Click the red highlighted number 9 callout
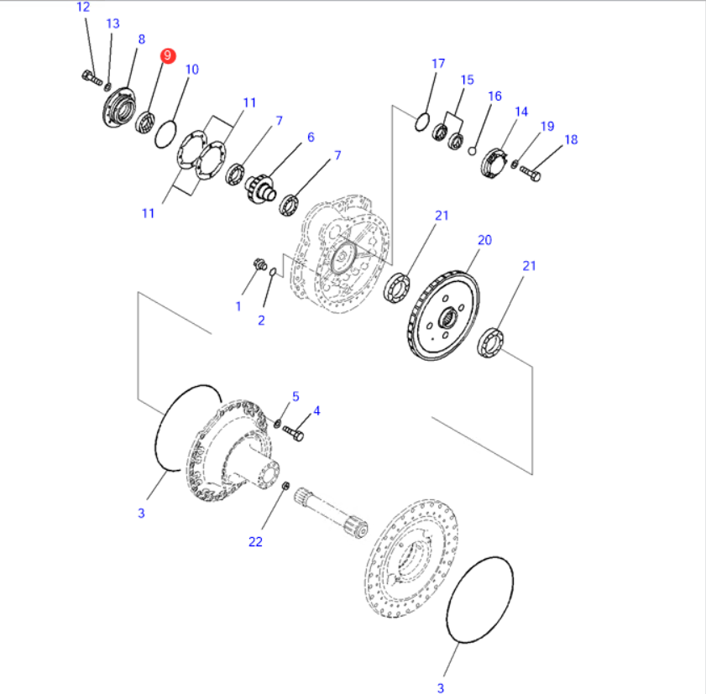(168, 55)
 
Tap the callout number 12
(83, 8)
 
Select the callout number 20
(484, 240)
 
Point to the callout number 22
(255, 542)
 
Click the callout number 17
(437, 64)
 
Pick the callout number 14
(521, 112)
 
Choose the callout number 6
(310, 137)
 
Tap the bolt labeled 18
(531, 174)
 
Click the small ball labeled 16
(473, 151)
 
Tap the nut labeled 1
(259, 266)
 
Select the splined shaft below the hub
(332, 515)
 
